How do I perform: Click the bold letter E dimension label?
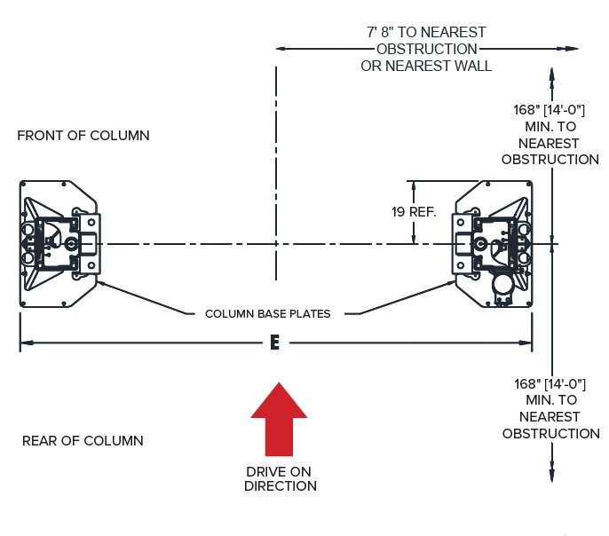(x=274, y=343)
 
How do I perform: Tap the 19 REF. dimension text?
(x=414, y=212)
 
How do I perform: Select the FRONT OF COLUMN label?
(x=83, y=136)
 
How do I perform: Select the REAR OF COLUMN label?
(x=83, y=440)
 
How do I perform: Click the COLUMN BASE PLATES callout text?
(x=267, y=313)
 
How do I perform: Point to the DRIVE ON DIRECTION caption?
(x=280, y=479)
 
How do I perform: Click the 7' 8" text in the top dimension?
(x=379, y=32)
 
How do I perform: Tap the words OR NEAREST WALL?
(x=426, y=66)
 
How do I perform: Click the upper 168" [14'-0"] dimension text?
(x=549, y=110)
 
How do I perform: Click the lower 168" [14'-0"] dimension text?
(x=550, y=384)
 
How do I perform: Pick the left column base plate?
(x=59, y=244)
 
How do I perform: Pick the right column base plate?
(x=492, y=244)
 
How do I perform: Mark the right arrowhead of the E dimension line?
(x=526, y=343)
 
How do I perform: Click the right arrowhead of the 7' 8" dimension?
(x=572, y=49)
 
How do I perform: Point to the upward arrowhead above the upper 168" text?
(x=551, y=75)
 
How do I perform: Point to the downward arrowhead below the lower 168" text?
(x=552, y=475)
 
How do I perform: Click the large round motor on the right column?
(x=502, y=285)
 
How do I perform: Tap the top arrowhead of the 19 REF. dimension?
(x=414, y=187)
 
